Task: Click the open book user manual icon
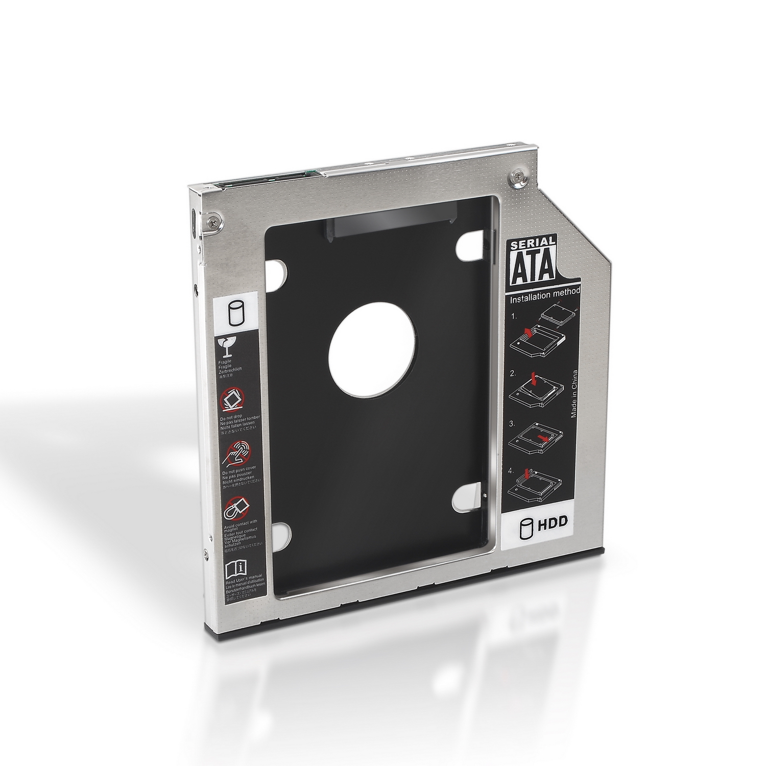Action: (235, 566)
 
